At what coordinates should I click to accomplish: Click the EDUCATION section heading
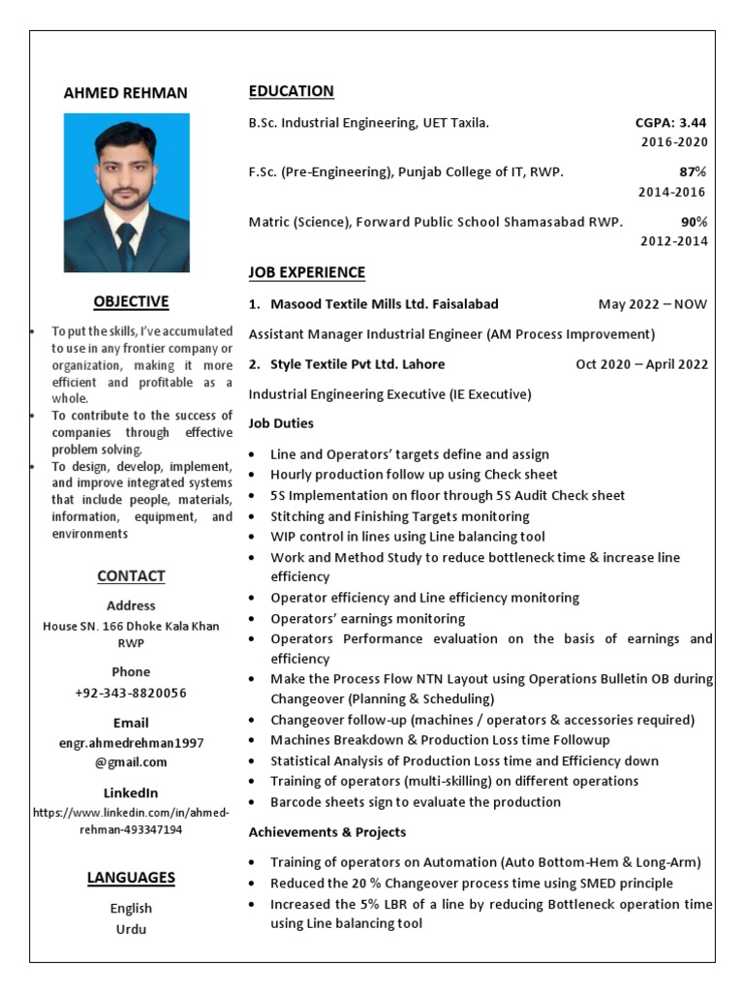click(x=291, y=91)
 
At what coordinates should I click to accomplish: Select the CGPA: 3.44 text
click(x=670, y=123)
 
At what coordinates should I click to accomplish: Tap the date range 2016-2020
click(x=673, y=142)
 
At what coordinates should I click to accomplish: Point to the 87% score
click(x=693, y=172)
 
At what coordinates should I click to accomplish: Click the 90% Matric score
click(x=693, y=222)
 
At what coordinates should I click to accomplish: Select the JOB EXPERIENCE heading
click(x=306, y=272)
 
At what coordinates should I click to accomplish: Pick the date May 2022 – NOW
click(x=652, y=304)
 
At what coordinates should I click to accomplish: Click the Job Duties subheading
click(x=281, y=423)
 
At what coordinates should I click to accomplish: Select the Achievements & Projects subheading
click(x=326, y=832)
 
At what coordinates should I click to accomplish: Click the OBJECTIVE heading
click(x=131, y=301)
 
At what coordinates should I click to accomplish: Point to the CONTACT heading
click(x=131, y=576)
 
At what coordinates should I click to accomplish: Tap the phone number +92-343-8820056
click(x=131, y=694)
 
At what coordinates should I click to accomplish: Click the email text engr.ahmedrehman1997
click(x=131, y=743)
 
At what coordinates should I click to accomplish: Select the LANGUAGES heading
click(x=131, y=879)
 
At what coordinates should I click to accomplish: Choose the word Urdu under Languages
click(x=131, y=929)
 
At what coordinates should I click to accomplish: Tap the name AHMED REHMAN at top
click(x=126, y=93)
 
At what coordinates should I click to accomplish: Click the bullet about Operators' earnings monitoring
click(x=367, y=618)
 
